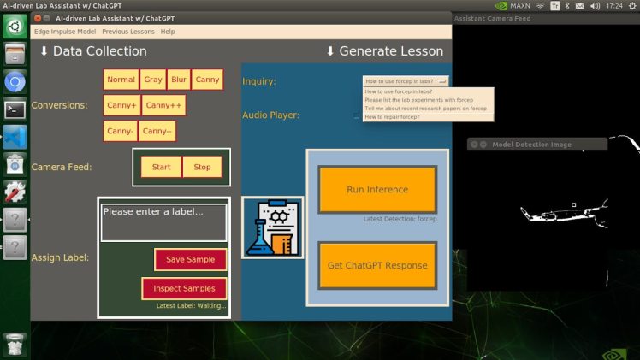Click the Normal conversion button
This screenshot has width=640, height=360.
(x=121, y=80)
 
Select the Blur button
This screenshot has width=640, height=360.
(x=178, y=80)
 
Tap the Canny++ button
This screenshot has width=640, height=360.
(x=163, y=105)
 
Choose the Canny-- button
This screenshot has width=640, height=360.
(x=157, y=131)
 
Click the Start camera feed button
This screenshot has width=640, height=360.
(x=161, y=167)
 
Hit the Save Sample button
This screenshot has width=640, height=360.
(x=190, y=259)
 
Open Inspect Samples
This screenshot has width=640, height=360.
(x=184, y=288)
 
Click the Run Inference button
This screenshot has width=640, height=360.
(x=377, y=190)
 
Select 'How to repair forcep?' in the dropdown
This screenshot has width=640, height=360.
(x=393, y=116)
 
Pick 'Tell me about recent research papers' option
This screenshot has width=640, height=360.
(x=425, y=109)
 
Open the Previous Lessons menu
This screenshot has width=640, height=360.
(x=127, y=32)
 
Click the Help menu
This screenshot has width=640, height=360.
(x=168, y=32)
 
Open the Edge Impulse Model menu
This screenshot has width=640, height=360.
(x=65, y=32)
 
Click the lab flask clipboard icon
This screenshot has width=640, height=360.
(x=272, y=227)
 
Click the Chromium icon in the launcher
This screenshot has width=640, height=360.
(x=15, y=82)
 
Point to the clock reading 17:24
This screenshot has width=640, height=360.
(x=613, y=5)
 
